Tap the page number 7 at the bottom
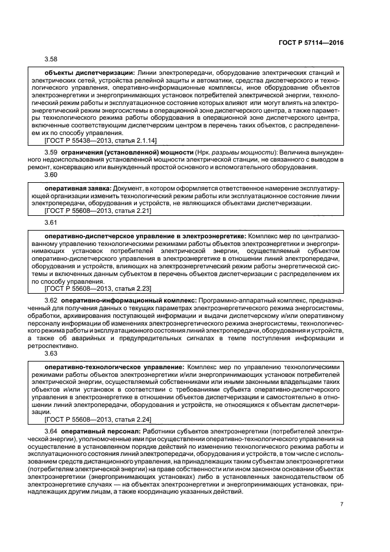(342, 504)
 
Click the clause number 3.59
(51, 153)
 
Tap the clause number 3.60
(51, 175)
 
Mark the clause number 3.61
(51, 222)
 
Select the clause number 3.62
(51, 300)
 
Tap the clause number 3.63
(51, 354)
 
